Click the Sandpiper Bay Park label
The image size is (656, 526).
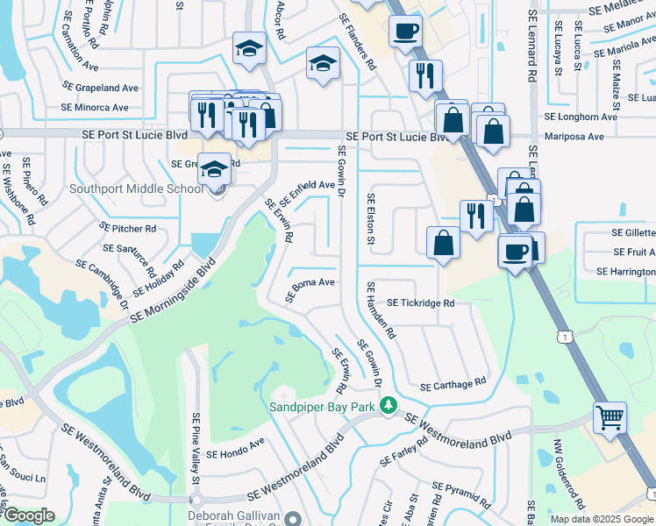pos(320,407)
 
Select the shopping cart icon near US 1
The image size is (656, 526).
pos(610,417)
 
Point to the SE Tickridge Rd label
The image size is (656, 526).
pos(421,303)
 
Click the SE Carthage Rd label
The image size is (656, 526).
pos(453,385)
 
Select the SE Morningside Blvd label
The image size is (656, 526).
pos(173,291)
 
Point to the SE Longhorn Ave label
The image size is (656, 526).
pos(581,116)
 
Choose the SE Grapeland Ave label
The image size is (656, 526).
pos(100,88)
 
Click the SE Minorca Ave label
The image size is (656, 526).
pos(95,108)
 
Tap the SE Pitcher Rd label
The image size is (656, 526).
pos(128,228)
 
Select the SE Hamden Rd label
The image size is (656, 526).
pos(381,309)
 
